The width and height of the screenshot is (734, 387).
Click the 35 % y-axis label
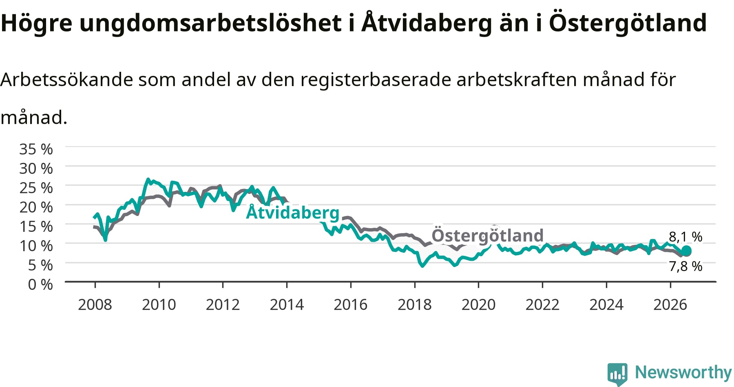[x=36, y=149]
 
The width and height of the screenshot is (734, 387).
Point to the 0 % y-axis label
[x=40, y=284]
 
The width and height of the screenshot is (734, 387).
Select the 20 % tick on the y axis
[x=36, y=207]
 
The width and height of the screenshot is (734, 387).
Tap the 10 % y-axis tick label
[x=36, y=246]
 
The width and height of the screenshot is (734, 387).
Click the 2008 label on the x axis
[x=95, y=305]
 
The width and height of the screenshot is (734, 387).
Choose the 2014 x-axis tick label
[x=287, y=305]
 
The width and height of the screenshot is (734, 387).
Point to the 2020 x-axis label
[x=479, y=305]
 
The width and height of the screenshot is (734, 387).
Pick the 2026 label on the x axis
[x=670, y=305]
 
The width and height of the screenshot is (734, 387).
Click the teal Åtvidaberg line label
[x=293, y=213]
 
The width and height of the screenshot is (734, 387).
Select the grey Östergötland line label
[x=488, y=236]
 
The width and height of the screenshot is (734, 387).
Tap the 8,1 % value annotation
[x=686, y=237]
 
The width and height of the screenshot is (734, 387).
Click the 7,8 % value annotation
[x=686, y=266]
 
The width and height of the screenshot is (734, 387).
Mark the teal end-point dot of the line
[x=686, y=251]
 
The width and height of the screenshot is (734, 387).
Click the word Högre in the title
[x=37, y=23]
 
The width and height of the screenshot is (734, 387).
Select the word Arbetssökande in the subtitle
[x=67, y=79]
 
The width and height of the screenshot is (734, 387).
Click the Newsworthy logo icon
[x=617, y=374]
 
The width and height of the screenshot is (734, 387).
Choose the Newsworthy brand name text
[x=683, y=372]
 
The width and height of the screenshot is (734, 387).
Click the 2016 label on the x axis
[x=351, y=305]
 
